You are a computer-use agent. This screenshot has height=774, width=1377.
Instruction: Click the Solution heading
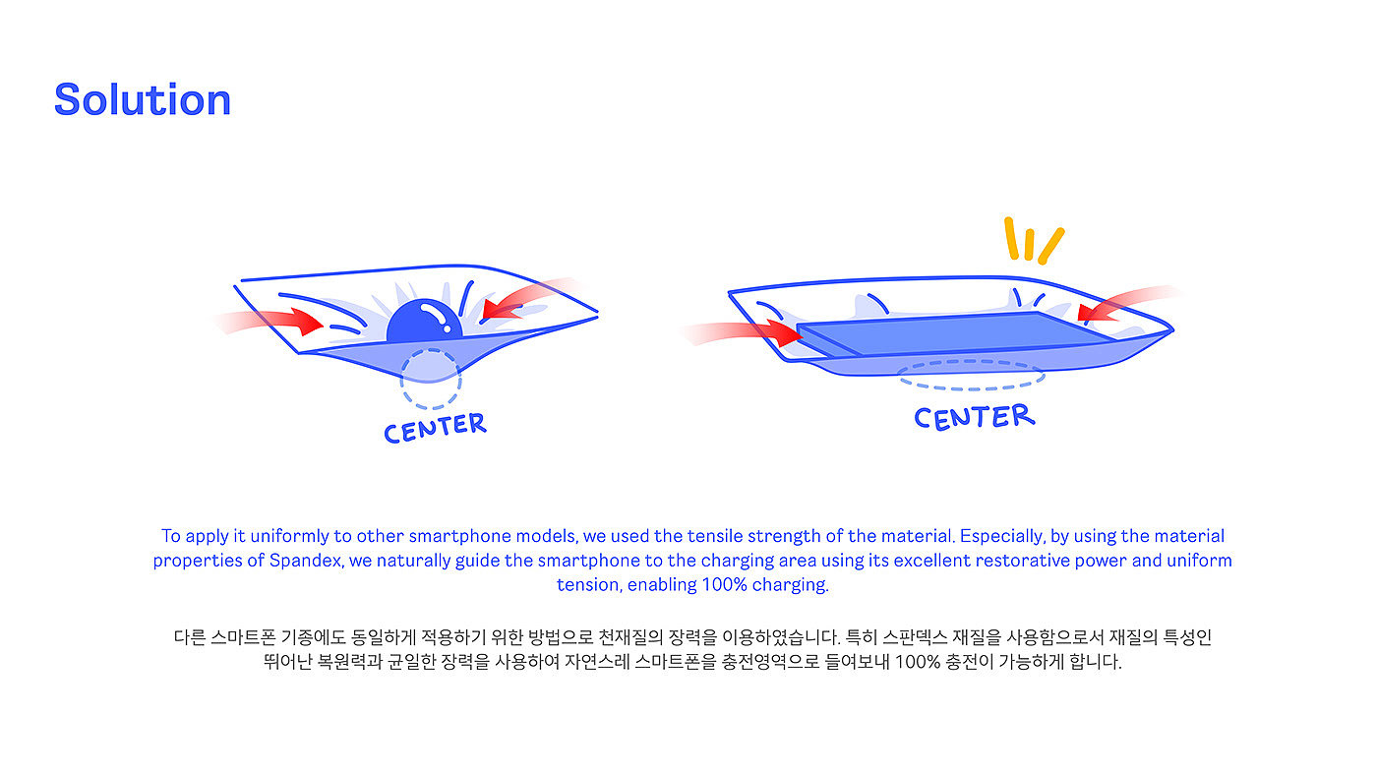(143, 100)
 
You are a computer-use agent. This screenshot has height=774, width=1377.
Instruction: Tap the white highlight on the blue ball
(431, 314)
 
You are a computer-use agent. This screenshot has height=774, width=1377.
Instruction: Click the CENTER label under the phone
(974, 417)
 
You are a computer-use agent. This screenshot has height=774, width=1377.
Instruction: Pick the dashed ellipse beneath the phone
(972, 375)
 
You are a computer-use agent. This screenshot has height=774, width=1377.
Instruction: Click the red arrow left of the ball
(280, 320)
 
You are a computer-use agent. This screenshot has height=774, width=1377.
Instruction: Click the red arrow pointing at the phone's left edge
(752, 330)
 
